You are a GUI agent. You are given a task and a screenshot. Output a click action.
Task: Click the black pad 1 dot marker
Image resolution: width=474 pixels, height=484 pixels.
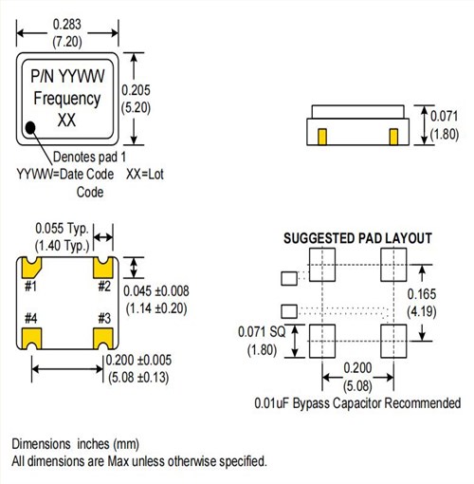point(32,126)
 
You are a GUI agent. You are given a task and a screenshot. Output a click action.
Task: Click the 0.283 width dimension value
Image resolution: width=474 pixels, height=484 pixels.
point(66,20)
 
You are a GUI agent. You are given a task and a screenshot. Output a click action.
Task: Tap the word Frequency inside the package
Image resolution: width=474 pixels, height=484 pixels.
point(66,99)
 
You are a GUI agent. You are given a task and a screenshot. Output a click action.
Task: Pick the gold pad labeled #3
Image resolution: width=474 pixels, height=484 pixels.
point(104,337)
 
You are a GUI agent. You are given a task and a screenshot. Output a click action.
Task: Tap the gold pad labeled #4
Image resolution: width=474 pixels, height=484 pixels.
point(31,337)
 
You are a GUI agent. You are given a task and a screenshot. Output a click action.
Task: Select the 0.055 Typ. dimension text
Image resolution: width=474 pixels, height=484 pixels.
point(63,229)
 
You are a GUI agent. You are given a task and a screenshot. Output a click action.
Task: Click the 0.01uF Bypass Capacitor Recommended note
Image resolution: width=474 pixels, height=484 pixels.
point(357,403)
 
